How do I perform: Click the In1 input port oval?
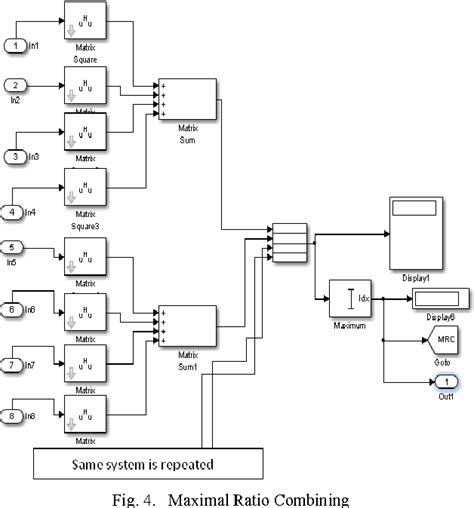14,45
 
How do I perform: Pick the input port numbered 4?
14,210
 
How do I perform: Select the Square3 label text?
85,225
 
